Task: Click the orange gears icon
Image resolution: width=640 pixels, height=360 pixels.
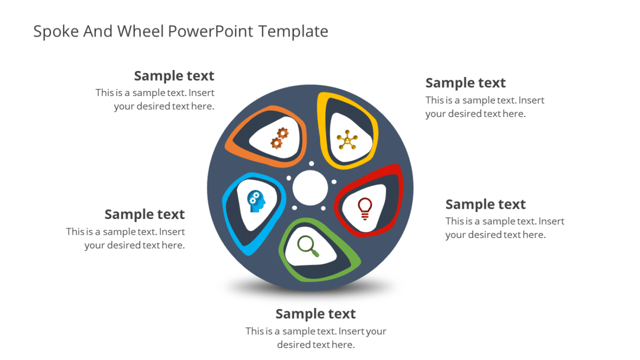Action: (279, 138)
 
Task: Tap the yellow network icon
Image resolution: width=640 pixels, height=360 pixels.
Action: (347, 140)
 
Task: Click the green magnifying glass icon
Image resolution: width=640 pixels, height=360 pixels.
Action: (308, 246)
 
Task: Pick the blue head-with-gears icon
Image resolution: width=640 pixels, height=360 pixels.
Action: (257, 201)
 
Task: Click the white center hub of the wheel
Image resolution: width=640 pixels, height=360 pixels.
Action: (310, 188)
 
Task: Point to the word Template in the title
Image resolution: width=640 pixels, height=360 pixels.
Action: (293, 31)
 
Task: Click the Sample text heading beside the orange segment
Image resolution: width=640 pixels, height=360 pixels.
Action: (174, 75)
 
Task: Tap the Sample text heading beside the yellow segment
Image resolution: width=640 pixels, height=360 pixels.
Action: (465, 82)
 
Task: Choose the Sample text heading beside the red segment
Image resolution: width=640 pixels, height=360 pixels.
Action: (485, 204)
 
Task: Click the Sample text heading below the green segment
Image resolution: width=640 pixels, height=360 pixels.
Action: (315, 313)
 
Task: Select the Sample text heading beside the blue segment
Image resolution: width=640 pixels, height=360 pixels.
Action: (144, 214)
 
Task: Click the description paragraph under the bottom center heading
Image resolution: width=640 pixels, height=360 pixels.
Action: (316, 338)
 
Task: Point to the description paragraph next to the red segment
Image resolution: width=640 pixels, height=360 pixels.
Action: (504, 228)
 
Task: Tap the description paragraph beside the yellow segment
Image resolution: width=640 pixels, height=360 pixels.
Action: (484, 107)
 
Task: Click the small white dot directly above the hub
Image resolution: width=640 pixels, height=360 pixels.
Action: (311, 163)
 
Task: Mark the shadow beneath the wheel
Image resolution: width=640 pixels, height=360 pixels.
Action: (310, 288)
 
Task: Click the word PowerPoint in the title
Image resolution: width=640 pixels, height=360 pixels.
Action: (210, 31)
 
